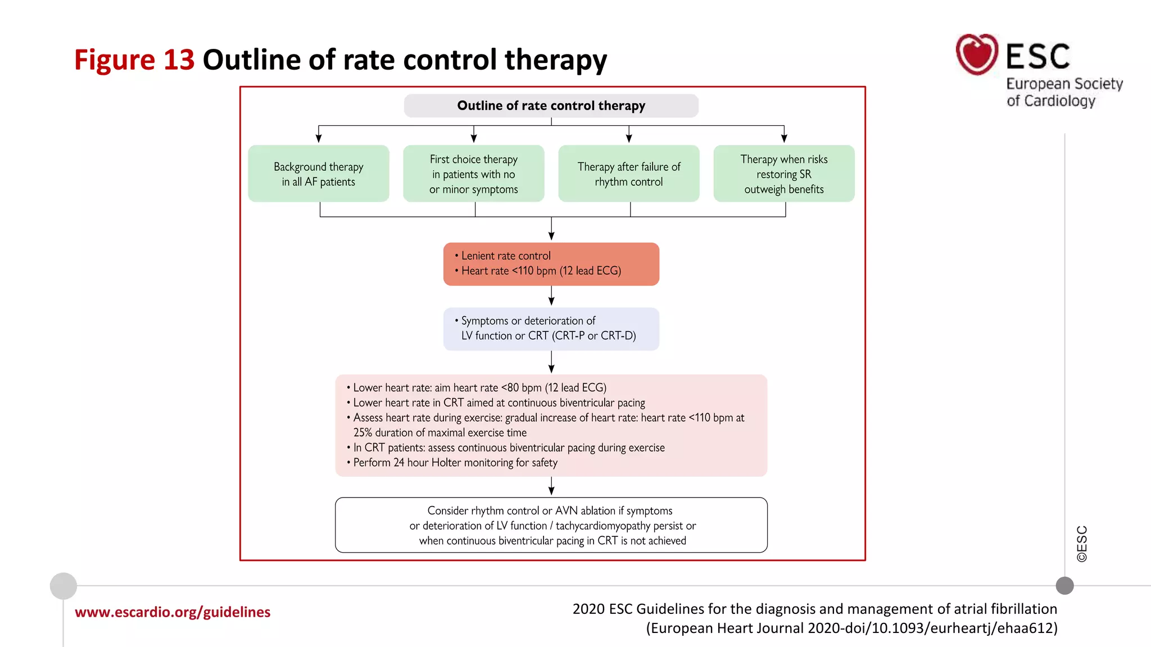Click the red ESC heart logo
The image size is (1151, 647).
pos(977,54)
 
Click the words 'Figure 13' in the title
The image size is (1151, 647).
pos(134,60)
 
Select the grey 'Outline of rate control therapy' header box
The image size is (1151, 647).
pos(551,106)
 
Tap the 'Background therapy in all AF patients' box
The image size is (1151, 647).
pos(318,174)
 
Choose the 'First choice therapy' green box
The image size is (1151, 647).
pos(473,174)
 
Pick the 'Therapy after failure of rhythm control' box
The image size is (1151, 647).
pos(628,174)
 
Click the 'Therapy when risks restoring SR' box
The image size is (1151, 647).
pos(783,174)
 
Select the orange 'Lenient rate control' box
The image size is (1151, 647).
pos(551,264)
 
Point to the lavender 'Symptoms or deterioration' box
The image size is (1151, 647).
pos(551,329)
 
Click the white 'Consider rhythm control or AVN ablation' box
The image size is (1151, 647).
pos(551,525)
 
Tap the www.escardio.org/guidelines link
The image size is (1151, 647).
pos(173,612)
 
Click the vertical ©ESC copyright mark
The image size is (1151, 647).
pos(1082,544)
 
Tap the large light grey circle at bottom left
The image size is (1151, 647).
pos(64,586)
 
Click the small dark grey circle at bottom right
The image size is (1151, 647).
pos(1064,586)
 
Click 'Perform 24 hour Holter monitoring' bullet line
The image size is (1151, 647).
pos(455,463)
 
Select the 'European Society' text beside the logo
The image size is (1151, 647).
pos(1064,84)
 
